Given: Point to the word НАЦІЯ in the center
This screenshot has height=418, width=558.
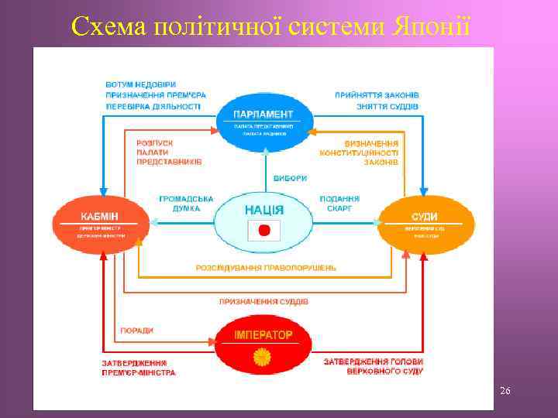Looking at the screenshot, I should (x=263, y=210).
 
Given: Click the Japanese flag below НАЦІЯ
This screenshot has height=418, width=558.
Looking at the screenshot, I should (x=263, y=230).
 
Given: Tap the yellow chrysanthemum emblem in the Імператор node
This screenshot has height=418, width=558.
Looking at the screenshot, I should (x=263, y=357).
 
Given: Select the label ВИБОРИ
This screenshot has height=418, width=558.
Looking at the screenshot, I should (x=289, y=177).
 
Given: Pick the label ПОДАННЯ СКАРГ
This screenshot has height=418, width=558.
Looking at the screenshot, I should (x=339, y=204).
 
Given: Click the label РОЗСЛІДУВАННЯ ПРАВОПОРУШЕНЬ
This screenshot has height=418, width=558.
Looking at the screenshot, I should (x=266, y=267).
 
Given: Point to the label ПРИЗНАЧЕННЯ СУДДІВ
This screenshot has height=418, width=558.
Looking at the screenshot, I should (x=263, y=301).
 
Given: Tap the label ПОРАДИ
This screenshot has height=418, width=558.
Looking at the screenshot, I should (x=136, y=331).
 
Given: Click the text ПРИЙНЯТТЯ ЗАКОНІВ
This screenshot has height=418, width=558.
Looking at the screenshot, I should (x=377, y=94).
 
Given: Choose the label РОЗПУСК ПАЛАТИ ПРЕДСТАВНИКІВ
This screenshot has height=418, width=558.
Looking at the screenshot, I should (x=168, y=152).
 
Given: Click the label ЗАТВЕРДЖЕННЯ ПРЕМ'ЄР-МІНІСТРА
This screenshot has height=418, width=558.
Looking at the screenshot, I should (x=139, y=367).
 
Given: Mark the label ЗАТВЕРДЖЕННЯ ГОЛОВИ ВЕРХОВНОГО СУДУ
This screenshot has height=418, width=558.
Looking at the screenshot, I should (x=373, y=366).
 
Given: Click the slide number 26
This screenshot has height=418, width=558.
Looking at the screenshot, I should (x=505, y=392).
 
